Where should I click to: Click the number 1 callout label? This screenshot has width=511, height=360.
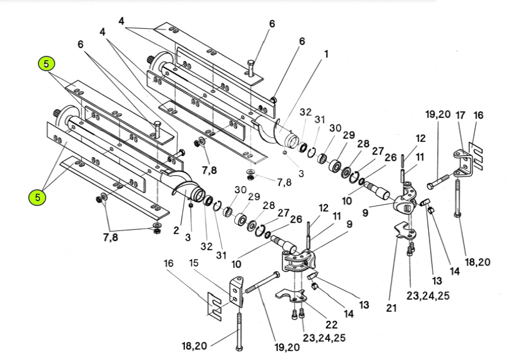326,54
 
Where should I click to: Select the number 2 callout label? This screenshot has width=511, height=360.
177,230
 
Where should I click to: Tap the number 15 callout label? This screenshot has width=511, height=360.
194,262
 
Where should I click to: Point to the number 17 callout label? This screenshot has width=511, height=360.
460,115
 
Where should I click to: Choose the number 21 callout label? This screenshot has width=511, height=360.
391,307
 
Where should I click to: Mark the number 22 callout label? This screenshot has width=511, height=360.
331,325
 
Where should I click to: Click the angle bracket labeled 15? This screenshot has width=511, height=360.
237,291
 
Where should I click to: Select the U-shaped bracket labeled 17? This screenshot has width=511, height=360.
463,164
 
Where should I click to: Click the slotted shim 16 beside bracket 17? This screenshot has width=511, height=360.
476,155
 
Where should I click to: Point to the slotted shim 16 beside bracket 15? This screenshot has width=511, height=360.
214,304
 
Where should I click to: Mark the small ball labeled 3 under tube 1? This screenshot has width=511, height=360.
285,151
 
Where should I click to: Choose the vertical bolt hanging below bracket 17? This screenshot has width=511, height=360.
458,198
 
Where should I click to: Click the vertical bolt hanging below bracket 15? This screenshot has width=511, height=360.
239,331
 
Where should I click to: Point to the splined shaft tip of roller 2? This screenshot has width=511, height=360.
56,114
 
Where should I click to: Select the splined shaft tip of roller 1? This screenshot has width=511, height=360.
151,60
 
